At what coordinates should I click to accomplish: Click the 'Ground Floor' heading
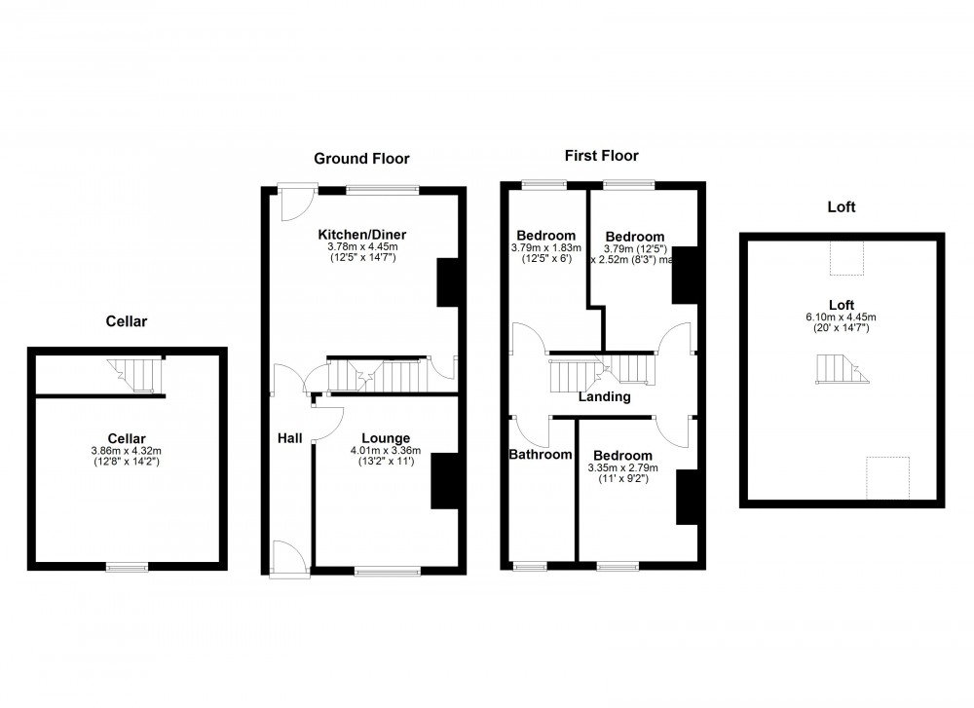361,158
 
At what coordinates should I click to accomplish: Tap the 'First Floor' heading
602,155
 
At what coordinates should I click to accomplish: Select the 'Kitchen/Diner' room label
362,235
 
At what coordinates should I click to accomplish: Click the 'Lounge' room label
386,437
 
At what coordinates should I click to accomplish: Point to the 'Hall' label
290,437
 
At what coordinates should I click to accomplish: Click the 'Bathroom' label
541,454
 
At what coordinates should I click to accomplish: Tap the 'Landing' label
604,396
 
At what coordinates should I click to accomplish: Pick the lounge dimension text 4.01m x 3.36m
386,450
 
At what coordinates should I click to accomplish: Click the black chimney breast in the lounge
444,480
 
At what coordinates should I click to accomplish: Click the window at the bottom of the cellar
127,566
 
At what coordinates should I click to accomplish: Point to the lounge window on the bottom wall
388,570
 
